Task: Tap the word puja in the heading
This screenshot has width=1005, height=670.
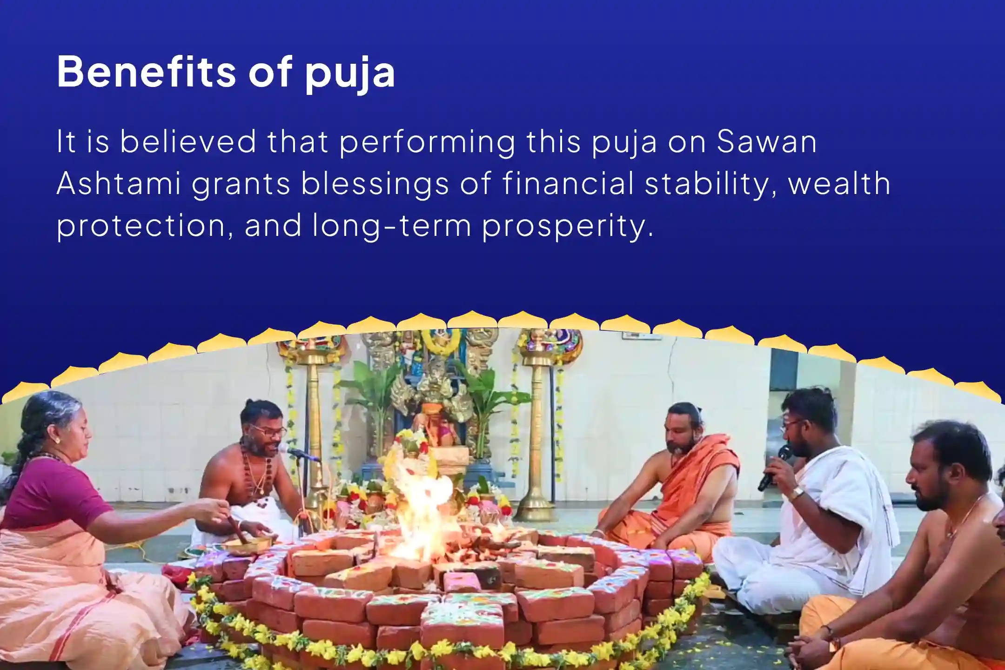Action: (350, 74)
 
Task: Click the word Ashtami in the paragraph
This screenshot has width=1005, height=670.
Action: (119, 183)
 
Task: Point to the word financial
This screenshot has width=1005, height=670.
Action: (568, 183)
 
